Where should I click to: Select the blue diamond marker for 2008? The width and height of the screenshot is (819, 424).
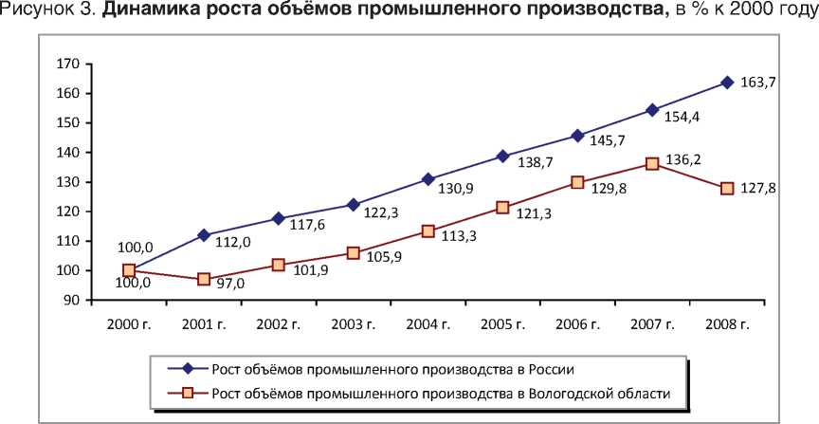[x=727, y=83]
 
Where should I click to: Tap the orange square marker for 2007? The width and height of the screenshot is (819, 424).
[x=652, y=163]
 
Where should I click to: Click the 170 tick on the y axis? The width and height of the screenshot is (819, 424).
[x=67, y=64]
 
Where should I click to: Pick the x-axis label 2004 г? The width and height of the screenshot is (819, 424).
[x=428, y=324]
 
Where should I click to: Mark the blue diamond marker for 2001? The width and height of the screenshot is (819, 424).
[x=203, y=235]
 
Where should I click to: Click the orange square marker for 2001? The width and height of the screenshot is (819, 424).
[x=203, y=280]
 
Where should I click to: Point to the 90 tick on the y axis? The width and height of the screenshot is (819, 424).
[x=71, y=301]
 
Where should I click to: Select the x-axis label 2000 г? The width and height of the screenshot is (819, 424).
[x=128, y=324]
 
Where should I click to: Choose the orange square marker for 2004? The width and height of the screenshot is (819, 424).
[x=428, y=230]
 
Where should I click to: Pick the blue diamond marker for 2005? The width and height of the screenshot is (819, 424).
[x=502, y=156]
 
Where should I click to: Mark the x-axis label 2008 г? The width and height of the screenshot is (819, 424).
[x=727, y=324]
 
